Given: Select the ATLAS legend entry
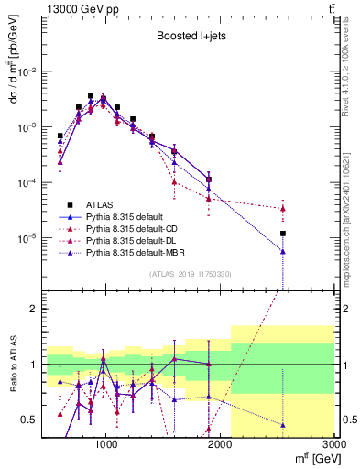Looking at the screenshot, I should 107,204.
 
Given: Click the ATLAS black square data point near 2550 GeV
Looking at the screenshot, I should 284,234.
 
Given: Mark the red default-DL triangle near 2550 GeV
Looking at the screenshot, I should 284,209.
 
